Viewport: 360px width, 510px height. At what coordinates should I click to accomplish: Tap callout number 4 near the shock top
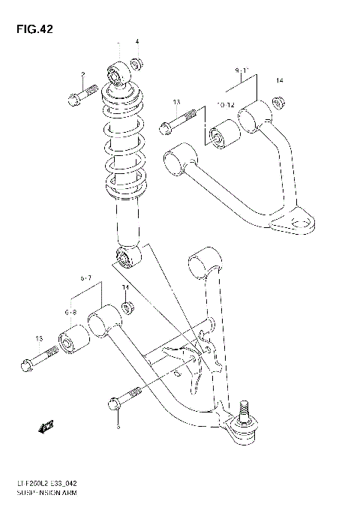point(137,40)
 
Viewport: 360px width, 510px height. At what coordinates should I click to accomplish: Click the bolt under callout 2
point(82,95)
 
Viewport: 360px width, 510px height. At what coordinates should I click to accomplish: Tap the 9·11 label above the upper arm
point(241,72)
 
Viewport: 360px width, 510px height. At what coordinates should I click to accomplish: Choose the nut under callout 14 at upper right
point(277,103)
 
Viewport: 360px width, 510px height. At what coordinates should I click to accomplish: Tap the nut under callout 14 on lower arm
point(127,307)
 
